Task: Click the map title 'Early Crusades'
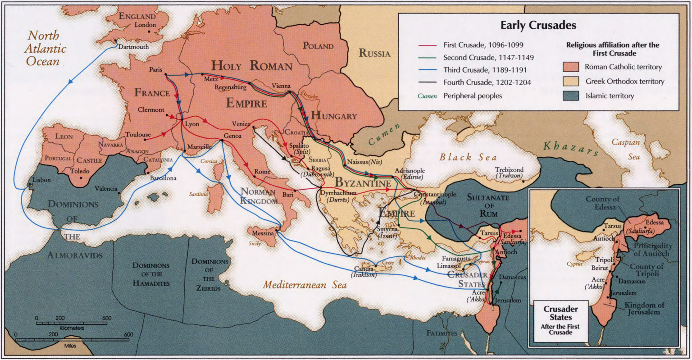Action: click(538, 25)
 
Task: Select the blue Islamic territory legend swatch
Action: click(571, 96)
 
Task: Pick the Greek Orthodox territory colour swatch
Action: click(571, 81)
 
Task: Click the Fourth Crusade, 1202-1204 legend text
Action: click(487, 82)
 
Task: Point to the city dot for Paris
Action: click(166, 75)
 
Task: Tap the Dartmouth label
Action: click(133, 47)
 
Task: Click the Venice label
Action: click(241, 124)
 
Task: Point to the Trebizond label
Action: click(510, 170)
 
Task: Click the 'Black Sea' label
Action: click(468, 157)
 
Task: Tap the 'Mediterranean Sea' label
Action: click(305, 285)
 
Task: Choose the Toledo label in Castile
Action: click(79, 171)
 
